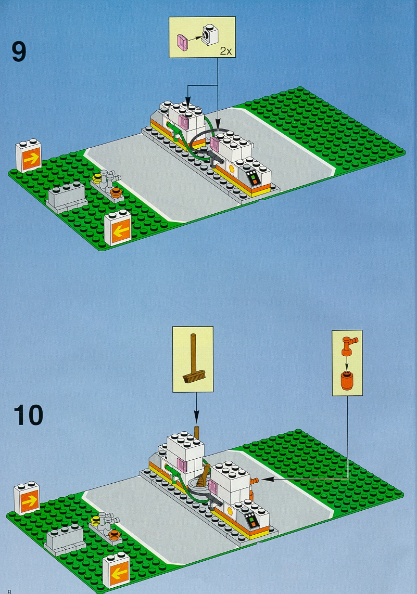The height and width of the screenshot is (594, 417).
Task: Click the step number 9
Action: point(19,52)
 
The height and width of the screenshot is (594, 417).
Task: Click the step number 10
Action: point(29,415)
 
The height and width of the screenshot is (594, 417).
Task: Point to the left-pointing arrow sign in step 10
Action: point(117,572)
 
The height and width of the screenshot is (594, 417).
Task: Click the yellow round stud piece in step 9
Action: point(98,178)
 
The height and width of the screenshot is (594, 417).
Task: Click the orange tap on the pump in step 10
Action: point(254,481)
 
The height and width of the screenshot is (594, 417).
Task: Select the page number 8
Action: point(9,591)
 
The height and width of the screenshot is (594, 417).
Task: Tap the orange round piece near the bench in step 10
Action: point(114,535)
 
